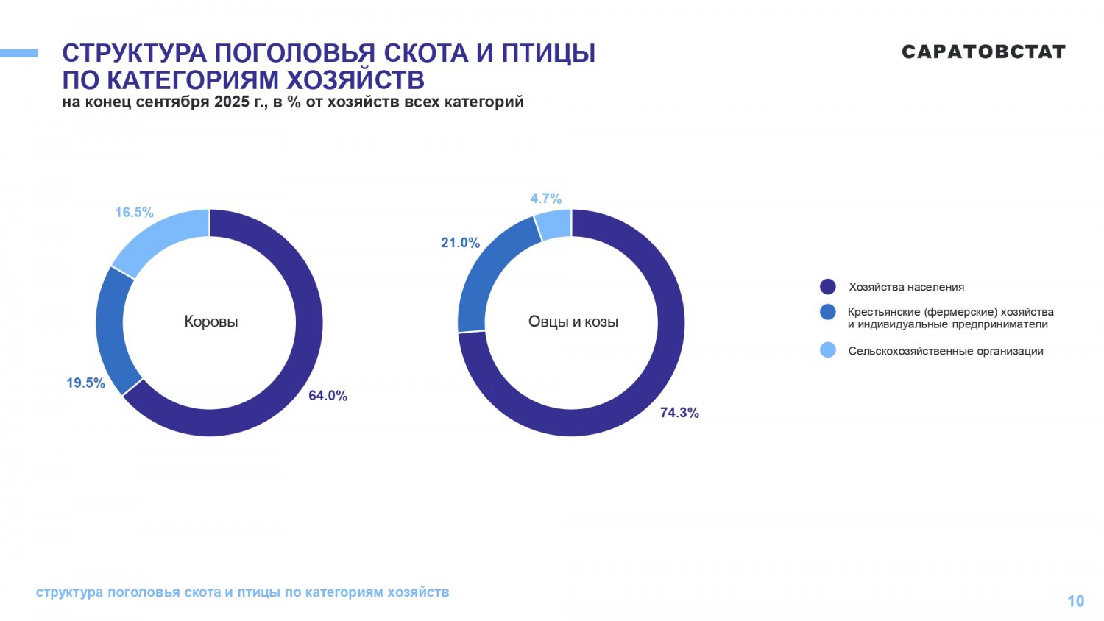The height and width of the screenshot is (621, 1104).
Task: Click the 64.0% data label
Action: (328, 396)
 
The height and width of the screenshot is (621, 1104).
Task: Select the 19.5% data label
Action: (85, 383)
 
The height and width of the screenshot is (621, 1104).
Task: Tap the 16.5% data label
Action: (134, 213)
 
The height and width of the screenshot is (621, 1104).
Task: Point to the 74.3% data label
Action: (679, 414)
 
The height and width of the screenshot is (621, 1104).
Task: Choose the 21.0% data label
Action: (460, 243)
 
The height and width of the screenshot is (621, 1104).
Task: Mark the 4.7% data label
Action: (545, 199)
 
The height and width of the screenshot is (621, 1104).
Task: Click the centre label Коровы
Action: (211, 322)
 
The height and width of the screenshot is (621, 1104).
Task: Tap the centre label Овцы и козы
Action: (573, 322)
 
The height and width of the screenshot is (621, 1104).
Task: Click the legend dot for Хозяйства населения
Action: (828, 287)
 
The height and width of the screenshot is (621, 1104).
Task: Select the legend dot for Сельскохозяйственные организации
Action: (828, 350)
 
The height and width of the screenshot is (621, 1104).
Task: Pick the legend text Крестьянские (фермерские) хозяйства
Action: (950, 312)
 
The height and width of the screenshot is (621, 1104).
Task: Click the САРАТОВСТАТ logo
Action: (983, 52)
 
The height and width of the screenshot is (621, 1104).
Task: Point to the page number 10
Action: (1075, 601)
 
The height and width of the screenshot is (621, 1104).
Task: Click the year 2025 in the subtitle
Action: (233, 102)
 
